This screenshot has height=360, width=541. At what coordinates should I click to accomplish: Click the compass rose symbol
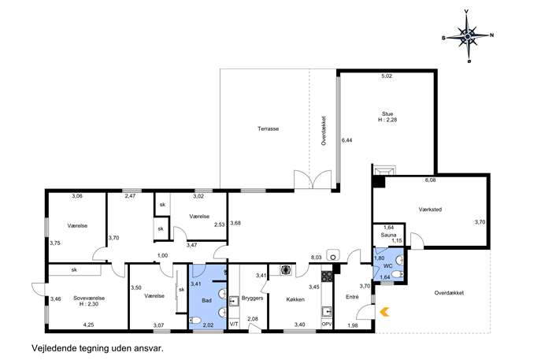[468, 36]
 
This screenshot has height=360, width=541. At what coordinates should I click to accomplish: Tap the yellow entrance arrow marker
[384, 312]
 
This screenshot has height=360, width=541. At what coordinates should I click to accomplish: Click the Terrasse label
[268, 128]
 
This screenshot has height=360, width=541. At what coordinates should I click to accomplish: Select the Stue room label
[387, 114]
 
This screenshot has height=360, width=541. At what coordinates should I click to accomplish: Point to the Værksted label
[430, 210]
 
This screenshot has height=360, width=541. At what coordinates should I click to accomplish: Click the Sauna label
[388, 235]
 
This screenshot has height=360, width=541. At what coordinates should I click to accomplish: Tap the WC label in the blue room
[387, 266]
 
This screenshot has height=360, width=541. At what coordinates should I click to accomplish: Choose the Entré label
[352, 297]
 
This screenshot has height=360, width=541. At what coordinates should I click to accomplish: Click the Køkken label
[295, 299]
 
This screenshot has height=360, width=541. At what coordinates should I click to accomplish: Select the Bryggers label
[252, 299]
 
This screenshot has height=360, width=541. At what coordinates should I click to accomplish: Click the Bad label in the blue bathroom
[206, 301]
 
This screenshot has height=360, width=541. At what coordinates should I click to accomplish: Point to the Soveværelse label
[89, 299]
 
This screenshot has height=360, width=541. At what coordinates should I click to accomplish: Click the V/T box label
[234, 324]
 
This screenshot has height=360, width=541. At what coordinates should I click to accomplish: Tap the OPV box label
[327, 325]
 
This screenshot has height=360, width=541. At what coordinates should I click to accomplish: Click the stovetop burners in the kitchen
[327, 276]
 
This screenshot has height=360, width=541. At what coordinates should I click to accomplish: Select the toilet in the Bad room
[195, 321]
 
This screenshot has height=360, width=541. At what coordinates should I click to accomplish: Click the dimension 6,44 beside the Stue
[346, 140]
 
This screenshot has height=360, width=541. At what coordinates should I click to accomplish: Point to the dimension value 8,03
[316, 258]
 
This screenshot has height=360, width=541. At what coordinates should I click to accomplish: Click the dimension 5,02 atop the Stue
[387, 76]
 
